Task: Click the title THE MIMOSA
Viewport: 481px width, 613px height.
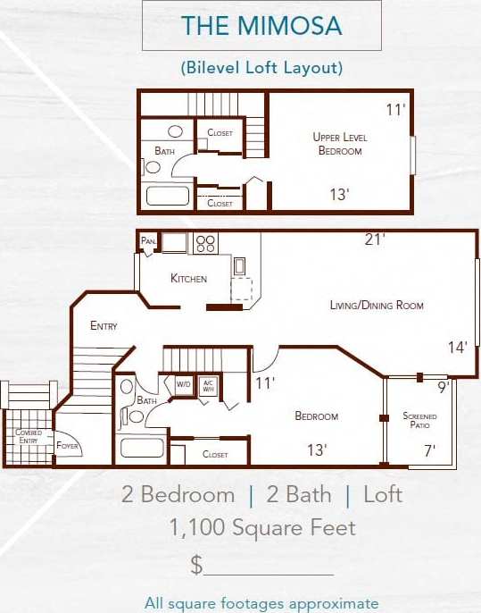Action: tap(261, 26)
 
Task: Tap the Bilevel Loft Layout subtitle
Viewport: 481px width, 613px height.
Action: tap(261, 67)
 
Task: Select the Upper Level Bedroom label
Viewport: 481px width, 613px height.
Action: tap(340, 144)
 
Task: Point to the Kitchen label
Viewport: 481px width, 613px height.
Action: tap(188, 279)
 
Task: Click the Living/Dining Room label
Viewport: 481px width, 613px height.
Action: tap(377, 306)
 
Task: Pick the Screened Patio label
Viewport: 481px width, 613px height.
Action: tap(419, 421)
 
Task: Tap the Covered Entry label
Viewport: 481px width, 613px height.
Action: tap(29, 437)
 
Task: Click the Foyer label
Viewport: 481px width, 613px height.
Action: tap(68, 445)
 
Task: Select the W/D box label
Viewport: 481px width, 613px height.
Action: tap(184, 385)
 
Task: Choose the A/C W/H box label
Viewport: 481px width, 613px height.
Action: tap(208, 385)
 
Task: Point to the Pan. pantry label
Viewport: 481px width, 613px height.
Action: tap(148, 241)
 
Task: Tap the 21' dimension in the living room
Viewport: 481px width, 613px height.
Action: tap(375, 239)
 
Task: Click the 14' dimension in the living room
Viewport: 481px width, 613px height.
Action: tap(458, 348)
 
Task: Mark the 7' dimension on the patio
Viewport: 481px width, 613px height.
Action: tap(429, 450)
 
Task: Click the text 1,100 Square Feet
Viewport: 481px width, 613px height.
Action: tap(262, 528)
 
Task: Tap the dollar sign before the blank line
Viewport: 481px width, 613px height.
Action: tap(196, 565)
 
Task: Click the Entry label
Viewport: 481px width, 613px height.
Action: tap(104, 326)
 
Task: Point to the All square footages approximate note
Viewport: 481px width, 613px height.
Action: tap(261, 603)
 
